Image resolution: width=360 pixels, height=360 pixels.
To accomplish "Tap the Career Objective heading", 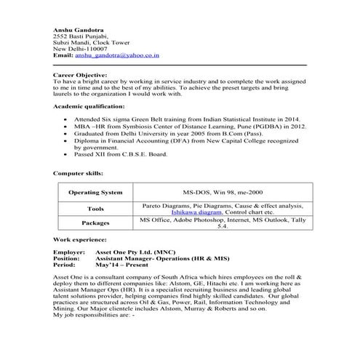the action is tap(86, 76).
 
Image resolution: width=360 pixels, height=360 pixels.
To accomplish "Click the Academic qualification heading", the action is tap(95, 106).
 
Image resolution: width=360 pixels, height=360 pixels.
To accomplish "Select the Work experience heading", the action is tap(80, 239).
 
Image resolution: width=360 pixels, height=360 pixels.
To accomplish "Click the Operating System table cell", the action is tap(95, 193).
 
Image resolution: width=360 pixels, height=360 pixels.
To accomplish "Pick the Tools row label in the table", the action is tap(95, 209).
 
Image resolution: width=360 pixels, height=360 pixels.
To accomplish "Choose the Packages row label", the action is tap(95, 223).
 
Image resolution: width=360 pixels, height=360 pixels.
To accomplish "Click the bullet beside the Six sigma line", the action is tap(67, 118).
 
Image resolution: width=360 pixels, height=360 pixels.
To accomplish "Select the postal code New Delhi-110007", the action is tap(80, 48).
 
